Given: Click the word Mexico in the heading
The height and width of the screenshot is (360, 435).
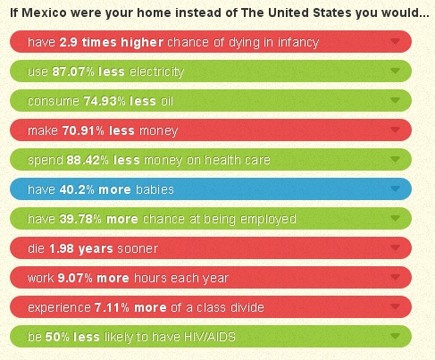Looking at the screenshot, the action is [x=44, y=13].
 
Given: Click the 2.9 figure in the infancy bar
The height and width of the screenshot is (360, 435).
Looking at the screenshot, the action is [x=68, y=42].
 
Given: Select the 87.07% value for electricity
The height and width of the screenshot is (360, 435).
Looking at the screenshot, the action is [x=73, y=71].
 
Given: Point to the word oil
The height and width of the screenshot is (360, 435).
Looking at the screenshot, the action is [x=167, y=101].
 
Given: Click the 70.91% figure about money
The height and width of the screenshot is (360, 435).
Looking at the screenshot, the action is [x=83, y=130].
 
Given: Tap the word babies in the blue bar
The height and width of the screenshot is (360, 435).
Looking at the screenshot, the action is [x=155, y=189].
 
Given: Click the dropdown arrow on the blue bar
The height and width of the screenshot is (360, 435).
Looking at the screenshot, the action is [x=395, y=188].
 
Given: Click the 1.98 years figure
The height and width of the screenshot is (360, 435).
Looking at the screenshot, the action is [x=81, y=248].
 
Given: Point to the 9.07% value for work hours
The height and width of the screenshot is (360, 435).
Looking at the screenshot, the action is [x=75, y=278].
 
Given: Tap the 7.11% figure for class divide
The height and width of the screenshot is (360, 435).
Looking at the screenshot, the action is [x=112, y=307].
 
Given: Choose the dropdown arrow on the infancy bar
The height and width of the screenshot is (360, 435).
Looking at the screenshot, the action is [x=395, y=41].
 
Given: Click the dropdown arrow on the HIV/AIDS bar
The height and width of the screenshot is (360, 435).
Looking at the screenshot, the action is [x=395, y=336].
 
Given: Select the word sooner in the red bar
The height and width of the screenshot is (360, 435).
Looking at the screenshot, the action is [x=138, y=248].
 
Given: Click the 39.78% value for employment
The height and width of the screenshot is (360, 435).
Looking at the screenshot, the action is [x=80, y=219].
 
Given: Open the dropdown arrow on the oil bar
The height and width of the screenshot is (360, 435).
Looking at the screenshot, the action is [x=395, y=100].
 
